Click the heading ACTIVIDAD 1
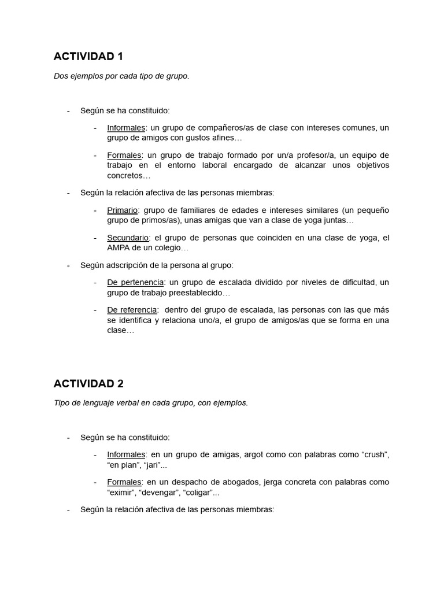(88, 57)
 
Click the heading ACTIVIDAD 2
(88, 384)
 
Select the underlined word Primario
(122, 210)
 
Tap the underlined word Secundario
(128, 238)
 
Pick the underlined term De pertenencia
(135, 282)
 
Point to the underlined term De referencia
(132, 310)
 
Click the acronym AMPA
(119, 248)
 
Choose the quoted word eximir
(122, 493)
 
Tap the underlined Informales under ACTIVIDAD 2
(126, 454)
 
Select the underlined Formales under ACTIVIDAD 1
(124, 155)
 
